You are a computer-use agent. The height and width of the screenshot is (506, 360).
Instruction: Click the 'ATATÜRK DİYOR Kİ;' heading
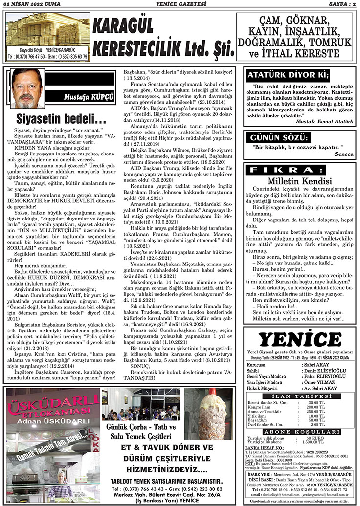click(288, 75)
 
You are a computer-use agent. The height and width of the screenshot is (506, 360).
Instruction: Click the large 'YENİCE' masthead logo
click(299, 339)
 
